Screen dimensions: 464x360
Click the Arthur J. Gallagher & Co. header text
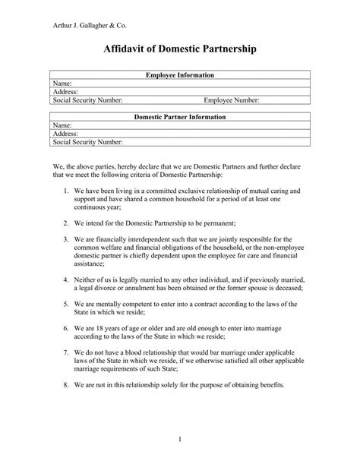point(83,18)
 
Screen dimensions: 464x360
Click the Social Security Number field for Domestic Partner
point(87,141)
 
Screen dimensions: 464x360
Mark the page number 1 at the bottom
point(180,438)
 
